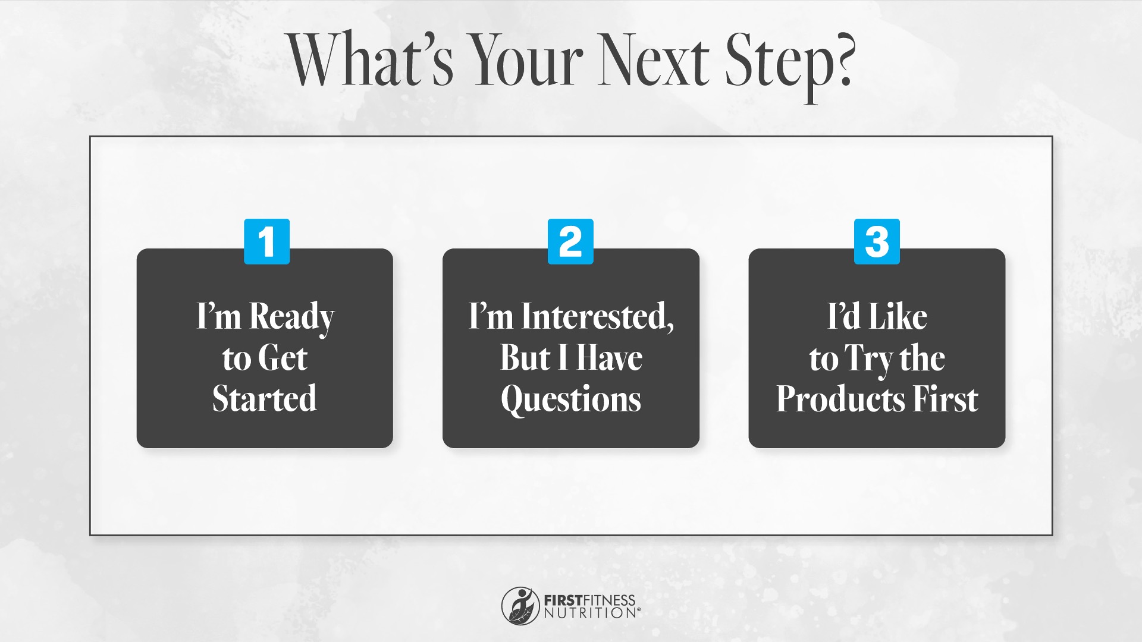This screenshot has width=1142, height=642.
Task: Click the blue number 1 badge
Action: (x=266, y=241)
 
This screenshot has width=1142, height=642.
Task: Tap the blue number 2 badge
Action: (x=570, y=241)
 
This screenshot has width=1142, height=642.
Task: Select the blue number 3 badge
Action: (x=877, y=241)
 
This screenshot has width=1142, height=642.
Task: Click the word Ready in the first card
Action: (x=292, y=317)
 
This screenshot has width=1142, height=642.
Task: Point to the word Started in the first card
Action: (x=265, y=398)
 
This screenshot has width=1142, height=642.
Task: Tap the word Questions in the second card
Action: (x=571, y=399)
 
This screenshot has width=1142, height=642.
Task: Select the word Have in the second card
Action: (x=610, y=358)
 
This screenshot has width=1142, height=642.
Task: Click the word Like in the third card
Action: (x=898, y=316)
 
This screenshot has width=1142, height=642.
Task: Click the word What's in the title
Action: (x=372, y=60)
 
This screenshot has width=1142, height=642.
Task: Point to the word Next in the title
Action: (x=654, y=60)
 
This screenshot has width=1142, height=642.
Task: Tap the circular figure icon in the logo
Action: (x=520, y=606)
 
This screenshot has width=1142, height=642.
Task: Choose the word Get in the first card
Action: (x=283, y=358)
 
